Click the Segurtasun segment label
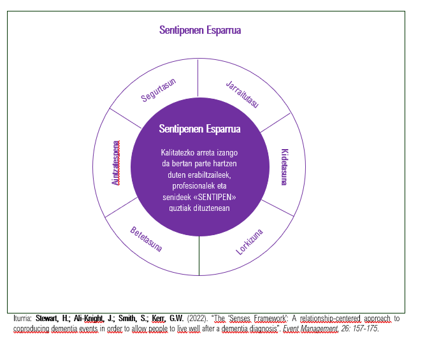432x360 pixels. pos(159,90)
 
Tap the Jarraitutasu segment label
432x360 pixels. pos(243,94)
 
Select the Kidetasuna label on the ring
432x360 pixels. pos(285,167)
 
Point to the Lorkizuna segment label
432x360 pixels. pos(249,242)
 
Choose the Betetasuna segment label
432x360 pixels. pos(146,239)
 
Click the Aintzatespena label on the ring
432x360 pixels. pos(116,163)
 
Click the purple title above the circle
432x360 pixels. pos(200,30)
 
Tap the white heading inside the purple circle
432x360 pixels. pos(199,129)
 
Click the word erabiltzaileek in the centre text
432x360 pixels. pos(209,175)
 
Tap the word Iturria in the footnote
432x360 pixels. pos(22,319)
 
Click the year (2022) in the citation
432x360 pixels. pos(198,319)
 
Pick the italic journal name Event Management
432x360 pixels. pos(311,329)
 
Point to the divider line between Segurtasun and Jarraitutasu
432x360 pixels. pos(198,78)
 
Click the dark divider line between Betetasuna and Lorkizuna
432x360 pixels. pos(199,256)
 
